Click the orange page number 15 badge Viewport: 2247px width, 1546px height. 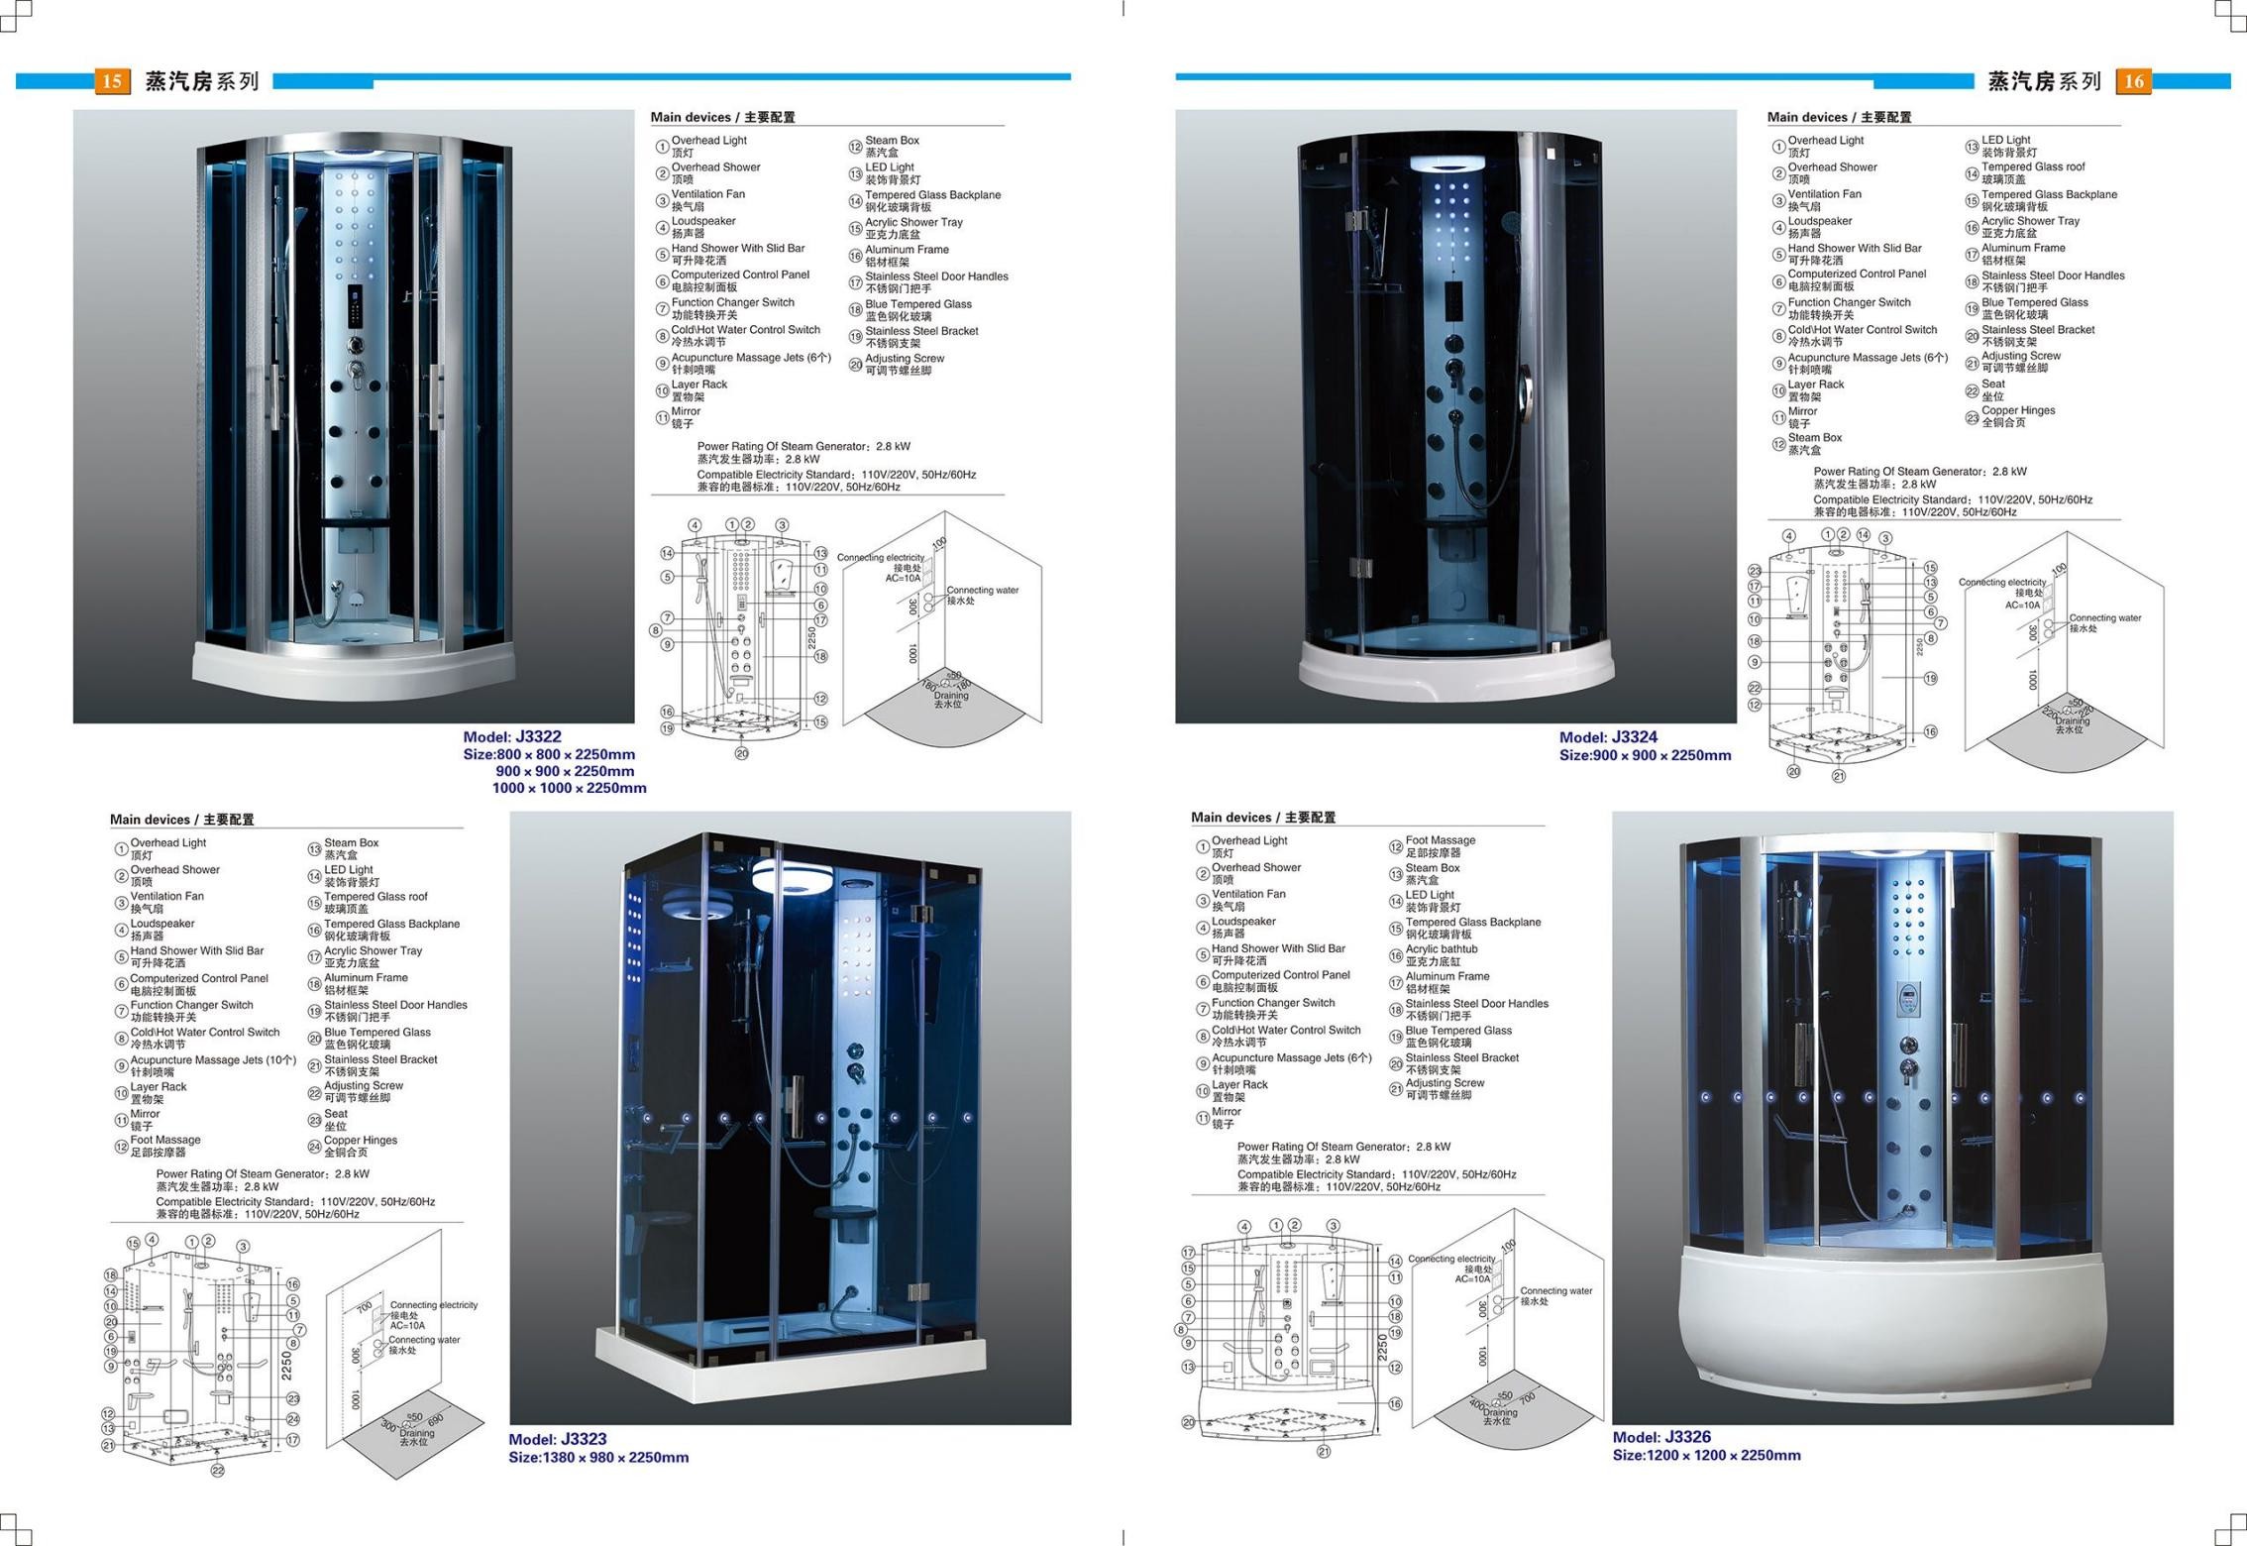click(112, 81)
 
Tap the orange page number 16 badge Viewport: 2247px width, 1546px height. click(2133, 81)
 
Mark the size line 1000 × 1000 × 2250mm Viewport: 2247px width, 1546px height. click(569, 789)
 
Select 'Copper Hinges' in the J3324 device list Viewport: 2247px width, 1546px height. click(2018, 410)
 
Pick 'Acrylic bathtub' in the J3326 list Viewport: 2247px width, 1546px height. click(1442, 949)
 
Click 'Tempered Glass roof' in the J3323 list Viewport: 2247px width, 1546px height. click(375, 897)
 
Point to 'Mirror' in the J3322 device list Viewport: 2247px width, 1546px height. click(686, 411)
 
